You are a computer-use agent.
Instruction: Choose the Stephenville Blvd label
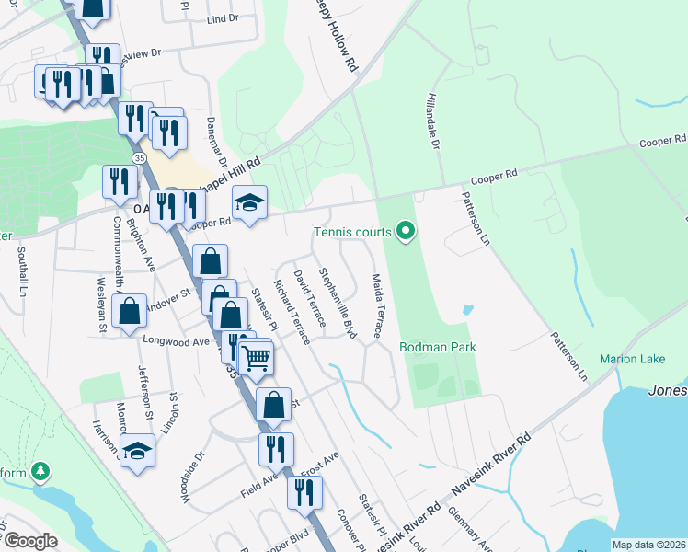[337, 303]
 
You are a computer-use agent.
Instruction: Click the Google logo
[30, 541]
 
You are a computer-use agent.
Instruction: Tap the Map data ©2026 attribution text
[648, 545]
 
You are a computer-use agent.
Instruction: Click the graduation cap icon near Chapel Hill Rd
[248, 202]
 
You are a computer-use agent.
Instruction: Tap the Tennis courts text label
[351, 232]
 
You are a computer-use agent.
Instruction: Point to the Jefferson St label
[145, 389]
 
